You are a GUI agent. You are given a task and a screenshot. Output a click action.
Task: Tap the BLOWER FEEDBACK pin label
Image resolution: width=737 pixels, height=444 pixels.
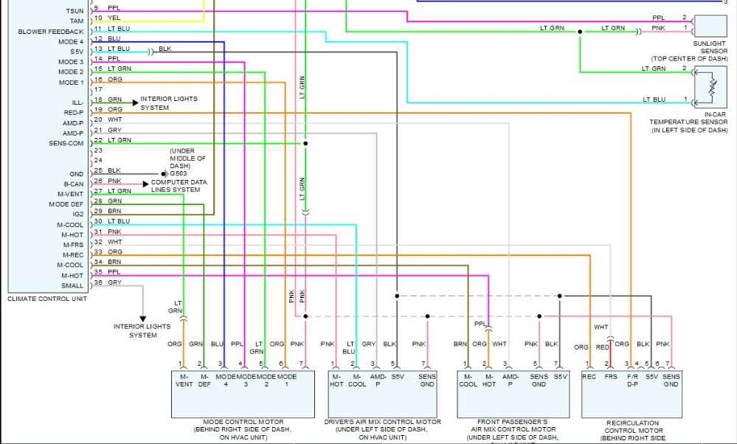point(51,32)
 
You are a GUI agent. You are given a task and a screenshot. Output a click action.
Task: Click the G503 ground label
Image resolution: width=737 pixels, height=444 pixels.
point(176,173)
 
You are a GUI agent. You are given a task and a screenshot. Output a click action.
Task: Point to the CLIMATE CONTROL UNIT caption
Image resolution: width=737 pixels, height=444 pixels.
point(47,299)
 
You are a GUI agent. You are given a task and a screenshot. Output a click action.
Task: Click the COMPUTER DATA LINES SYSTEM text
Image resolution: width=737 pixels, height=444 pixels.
point(179,186)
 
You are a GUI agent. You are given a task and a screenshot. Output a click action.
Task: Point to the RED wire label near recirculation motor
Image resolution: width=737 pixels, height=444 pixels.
point(602,346)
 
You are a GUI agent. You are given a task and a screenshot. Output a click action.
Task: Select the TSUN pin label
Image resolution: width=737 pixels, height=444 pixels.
point(75,11)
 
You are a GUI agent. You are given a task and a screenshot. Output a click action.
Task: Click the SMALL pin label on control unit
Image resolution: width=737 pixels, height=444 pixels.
point(72,285)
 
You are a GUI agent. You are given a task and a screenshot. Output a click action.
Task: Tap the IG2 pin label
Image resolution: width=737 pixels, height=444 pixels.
point(77,214)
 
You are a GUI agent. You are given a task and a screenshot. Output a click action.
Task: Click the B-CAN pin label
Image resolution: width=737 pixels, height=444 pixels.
point(73,184)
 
